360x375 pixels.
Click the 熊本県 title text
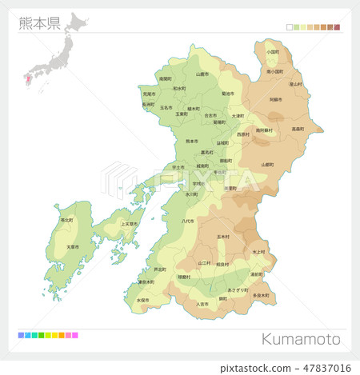pos(39,22)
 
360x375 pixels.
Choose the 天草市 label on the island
pos(73,246)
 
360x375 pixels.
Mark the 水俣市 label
pos(143,300)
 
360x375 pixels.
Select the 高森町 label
pos(298,128)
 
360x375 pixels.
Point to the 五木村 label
pos(223,237)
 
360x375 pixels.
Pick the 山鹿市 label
pos(202,74)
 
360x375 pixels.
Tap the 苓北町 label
pos(66,219)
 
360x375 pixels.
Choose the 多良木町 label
pos(261,295)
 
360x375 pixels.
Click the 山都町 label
pos(267,164)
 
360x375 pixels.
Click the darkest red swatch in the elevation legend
pos(337,27)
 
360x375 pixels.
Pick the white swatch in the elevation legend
pos(289,27)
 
